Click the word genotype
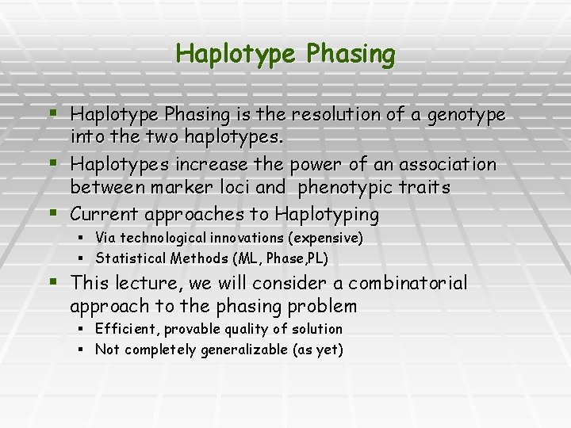466,116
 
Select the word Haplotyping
327,215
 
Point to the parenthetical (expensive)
326,238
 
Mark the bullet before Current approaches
52,212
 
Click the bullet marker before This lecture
52,281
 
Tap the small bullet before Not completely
82,350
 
